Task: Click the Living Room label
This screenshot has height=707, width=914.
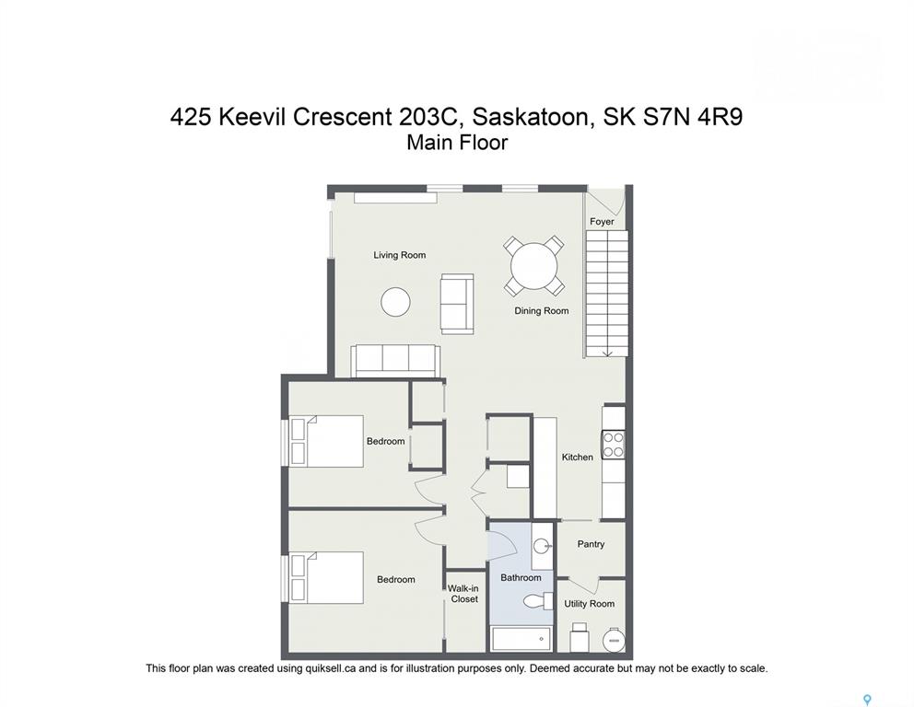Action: pos(399,255)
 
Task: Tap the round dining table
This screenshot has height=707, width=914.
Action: pos(534,266)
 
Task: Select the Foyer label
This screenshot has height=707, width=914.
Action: pos(602,221)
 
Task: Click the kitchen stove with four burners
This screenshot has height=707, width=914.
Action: pos(614,445)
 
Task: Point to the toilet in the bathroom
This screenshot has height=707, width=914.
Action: pos(537,600)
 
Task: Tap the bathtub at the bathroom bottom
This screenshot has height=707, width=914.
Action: pos(521,639)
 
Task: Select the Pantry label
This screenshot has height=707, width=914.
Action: pos(591,544)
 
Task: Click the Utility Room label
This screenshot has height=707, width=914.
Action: pos(589,604)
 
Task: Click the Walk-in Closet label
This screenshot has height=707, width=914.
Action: pos(463,594)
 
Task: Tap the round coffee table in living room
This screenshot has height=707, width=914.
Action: pos(396,302)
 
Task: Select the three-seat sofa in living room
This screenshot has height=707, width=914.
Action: pos(395,361)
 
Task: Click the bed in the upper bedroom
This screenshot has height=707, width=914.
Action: pos(326,441)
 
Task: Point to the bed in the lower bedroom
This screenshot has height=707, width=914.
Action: pos(326,578)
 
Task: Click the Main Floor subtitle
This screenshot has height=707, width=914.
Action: pos(457,143)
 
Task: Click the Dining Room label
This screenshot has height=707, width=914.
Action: pos(541,311)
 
